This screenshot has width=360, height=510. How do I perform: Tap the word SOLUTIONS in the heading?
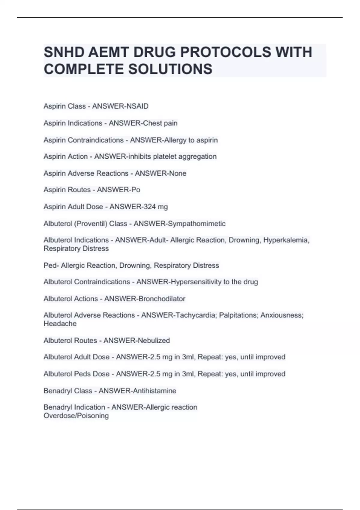[170, 69]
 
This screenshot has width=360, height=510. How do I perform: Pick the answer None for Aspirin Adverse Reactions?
[178, 173]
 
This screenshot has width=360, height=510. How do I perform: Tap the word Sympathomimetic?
[196, 224]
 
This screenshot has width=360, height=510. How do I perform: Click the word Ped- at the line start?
[51, 265]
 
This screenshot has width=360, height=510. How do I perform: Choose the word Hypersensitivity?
[196, 282]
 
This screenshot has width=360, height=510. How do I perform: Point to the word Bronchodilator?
[162, 299]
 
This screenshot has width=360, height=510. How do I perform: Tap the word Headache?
[60, 324]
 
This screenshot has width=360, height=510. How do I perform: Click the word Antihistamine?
[157, 391]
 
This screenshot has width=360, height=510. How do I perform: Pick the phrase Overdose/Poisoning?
[76, 416]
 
